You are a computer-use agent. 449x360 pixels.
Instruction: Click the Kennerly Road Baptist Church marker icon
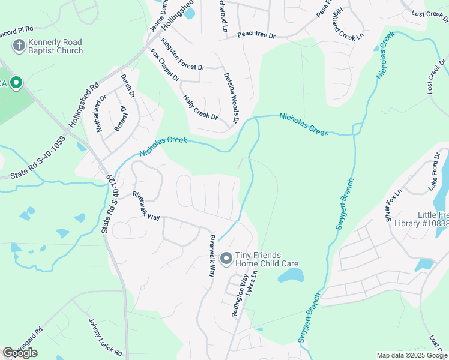[x=19, y=46]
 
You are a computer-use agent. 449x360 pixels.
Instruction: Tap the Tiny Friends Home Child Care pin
[x=226, y=259]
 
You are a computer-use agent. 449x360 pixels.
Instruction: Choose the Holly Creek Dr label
[x=200, y=107]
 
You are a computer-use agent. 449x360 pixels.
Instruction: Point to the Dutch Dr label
[x=127, y=88]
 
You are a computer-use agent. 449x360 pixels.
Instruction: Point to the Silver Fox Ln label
[x=395, y=204]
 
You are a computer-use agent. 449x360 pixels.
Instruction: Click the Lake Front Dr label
[x=434, y=172]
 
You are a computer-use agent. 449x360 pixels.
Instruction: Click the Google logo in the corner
[x=20, y=353]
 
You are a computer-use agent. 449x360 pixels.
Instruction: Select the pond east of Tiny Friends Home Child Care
[x=291, y=275]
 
